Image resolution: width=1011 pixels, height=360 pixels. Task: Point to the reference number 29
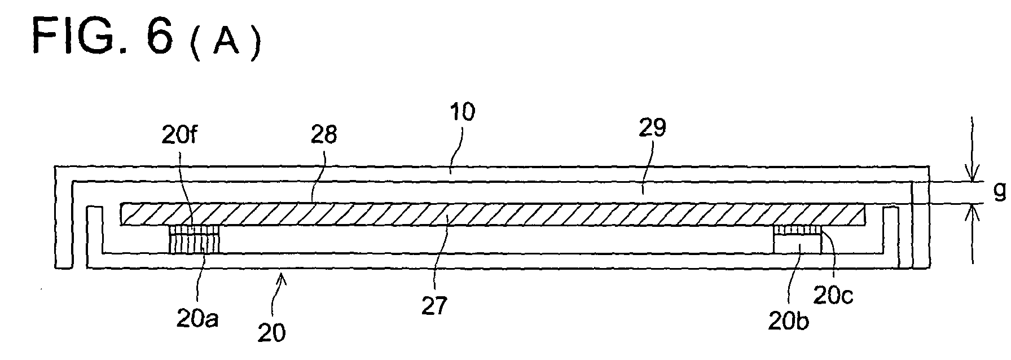[652, 128]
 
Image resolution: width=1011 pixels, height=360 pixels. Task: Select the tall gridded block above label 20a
[194, 239]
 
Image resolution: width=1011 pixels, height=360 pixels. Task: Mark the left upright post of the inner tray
[95, 237]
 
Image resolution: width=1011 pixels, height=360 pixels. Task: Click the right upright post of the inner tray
[890, 237]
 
